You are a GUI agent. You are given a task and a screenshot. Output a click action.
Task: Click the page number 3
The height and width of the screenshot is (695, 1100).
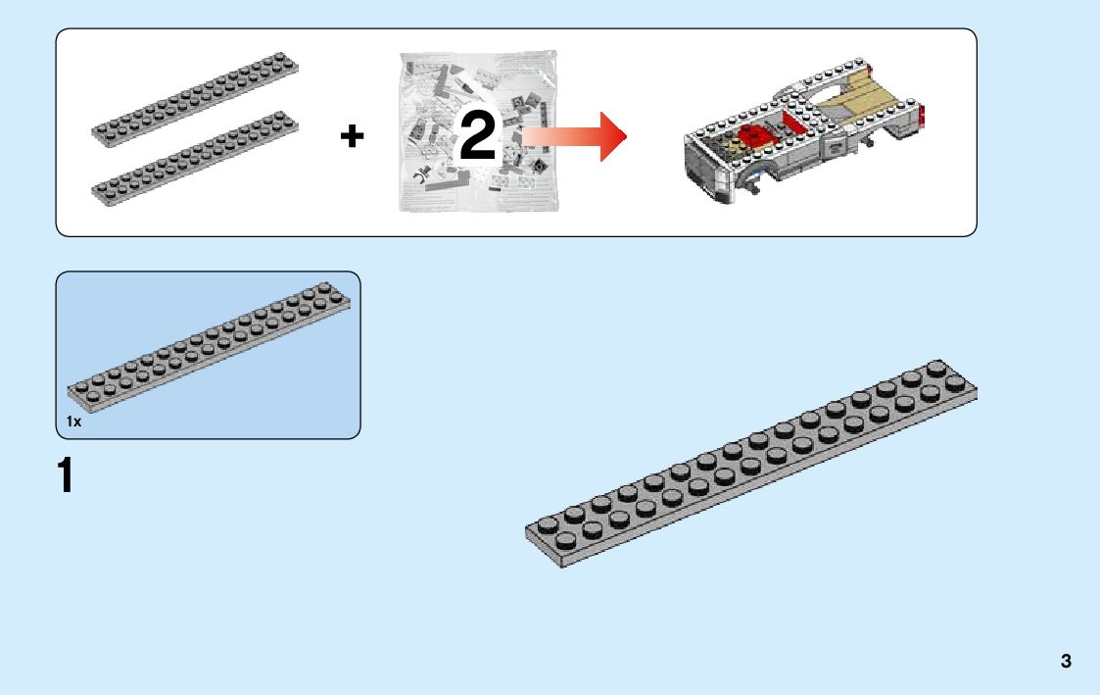tap(1066, 662)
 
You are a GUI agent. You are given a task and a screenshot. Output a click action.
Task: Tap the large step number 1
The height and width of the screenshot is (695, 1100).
tap(66, 476)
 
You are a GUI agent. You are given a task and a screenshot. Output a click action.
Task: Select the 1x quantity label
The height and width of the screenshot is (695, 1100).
tap(73, 422)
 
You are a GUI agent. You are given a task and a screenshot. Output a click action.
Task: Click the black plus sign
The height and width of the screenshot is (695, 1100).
tap(352, 136)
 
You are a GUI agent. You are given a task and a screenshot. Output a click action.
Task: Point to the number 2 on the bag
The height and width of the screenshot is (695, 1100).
tap(478, 138)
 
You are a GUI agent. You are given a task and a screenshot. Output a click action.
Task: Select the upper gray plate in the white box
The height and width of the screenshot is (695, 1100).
tap(196, 99)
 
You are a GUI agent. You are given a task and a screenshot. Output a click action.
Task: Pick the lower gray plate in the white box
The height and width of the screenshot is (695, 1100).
tap(196, 157)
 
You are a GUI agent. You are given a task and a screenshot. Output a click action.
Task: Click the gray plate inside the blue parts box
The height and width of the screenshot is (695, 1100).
tap(207, 343)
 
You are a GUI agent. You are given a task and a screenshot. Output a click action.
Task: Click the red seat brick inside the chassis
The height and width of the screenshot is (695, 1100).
tap(754, 137)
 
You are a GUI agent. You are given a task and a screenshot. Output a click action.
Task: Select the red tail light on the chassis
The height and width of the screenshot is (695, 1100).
tap(923, 117)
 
